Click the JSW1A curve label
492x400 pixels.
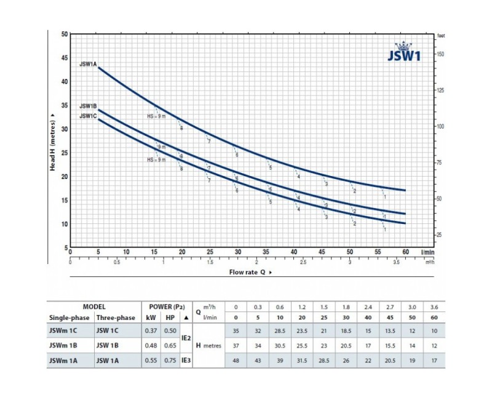point(87,63)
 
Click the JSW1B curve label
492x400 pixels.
point(87,106)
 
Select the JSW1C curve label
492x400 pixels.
point(87,115)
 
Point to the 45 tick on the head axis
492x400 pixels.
point(65,57)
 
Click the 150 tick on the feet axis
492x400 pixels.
point(440,54)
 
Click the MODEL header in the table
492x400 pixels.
point(94,306)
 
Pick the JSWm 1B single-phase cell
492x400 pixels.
point(65,346)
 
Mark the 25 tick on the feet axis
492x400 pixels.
point(440,234)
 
